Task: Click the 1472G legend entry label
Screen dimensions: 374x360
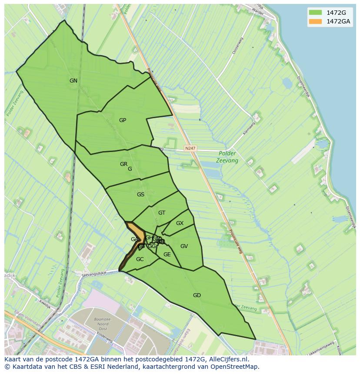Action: [x=336, y=13]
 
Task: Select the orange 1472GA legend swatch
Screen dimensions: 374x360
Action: [x=316, y=21]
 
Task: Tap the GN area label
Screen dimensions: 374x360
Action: [x=73, y=81]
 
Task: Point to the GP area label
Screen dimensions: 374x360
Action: [x=123, y=120]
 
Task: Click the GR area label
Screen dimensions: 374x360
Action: [x=124, y=164]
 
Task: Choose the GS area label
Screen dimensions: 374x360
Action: [x=140, y=195]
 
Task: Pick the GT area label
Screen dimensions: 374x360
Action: [x=162, y=213]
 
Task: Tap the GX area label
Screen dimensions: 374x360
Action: [x=180, y=223]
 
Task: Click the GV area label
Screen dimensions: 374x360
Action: [x=184, y=246]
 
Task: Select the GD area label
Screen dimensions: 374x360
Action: [x=197, y=295]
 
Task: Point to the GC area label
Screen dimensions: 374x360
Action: [x=140, y=259]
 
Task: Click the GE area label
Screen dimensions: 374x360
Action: [x=167, y=255]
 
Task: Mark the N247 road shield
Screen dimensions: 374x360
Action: [x=190, y=149]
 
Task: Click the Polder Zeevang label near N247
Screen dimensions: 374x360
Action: [x=227, y=157]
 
